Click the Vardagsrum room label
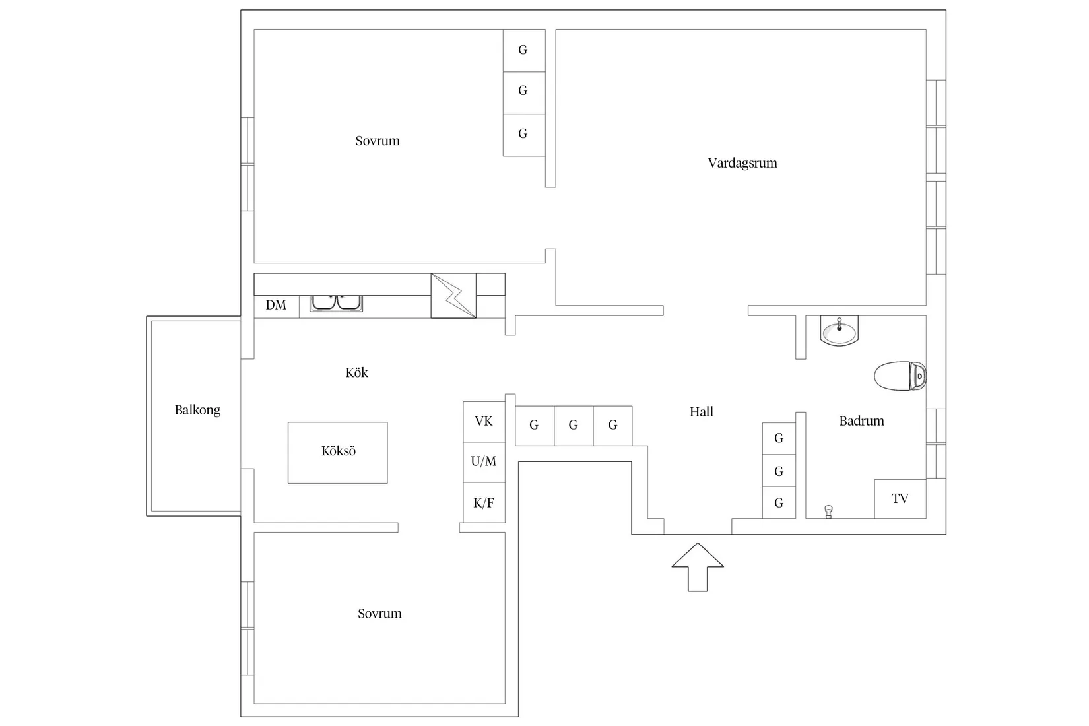[x=742, y=163]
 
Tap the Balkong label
[x=197, y=410]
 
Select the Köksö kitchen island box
[x=338, y=453]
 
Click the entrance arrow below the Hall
[x=698, y=567]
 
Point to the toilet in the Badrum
[x=900, y=376]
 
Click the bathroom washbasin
[x=839, y=331]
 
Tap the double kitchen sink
[x=336, y=303]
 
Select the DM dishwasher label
[x=276, y=305]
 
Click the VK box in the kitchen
[x=484, y=422]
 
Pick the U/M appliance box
[x=484, y=462]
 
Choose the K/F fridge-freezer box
[x=484, y=503]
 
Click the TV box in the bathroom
[x=900, y=498]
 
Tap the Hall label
[x=701, y=412]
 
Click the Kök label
[x=356, y=372]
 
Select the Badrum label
[x=861, y=420]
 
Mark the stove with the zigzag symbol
[x=453, y=296]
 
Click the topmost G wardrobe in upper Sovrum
[x=524, y=51]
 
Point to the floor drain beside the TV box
[x=829, y=511]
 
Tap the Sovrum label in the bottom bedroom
[x=379, y=614]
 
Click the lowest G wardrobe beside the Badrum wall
[x=779, y=503]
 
